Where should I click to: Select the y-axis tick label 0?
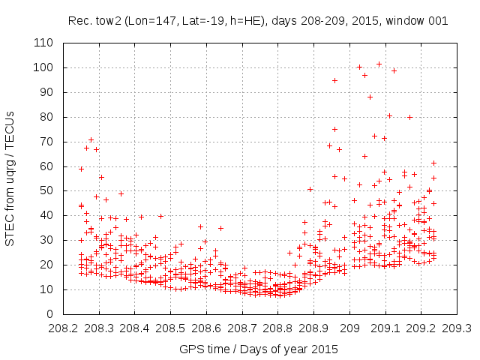point(50,313)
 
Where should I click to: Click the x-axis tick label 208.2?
point(62,328)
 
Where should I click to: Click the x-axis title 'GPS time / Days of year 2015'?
point(259,349)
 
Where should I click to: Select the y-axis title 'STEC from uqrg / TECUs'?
point(10,178)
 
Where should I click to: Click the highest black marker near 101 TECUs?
point(379,64)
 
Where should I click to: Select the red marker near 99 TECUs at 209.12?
point(394,70)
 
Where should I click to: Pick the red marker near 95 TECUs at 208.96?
point(335,80)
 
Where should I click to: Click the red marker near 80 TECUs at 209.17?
point(410,117)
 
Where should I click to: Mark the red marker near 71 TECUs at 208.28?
point(91,139)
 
